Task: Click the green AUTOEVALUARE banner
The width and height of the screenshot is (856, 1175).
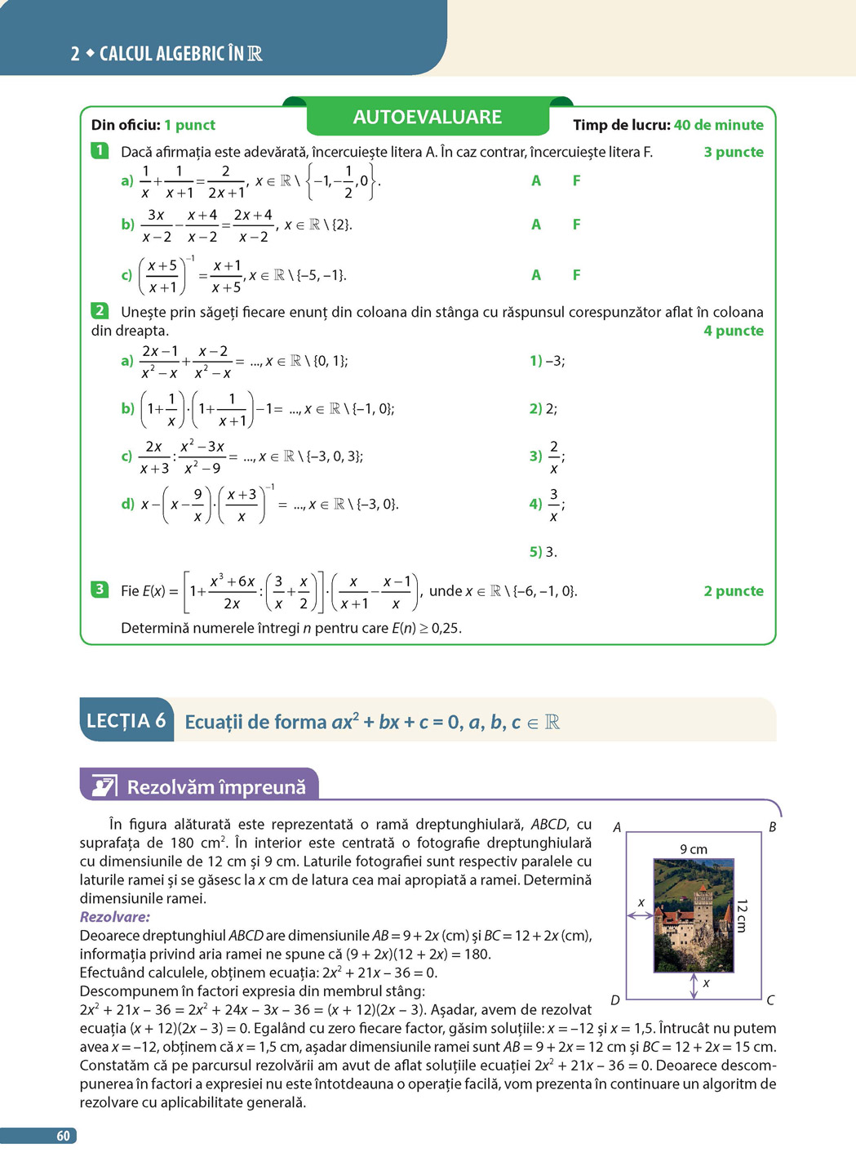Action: click(427, 118)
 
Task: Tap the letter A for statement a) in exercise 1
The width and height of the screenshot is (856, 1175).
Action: click(536, 180)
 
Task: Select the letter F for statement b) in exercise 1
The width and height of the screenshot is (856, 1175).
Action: click(576, 225)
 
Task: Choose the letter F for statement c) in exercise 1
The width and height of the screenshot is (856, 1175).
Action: click(576, 275)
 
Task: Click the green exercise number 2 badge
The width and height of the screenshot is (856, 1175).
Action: click(100, 311)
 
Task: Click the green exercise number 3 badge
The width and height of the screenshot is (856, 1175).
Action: click(100, 590)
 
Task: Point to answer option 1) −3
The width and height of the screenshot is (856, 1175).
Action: click(547, 361)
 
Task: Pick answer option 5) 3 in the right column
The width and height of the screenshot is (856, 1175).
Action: click(543, 552)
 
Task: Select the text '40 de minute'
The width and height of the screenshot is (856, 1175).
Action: click(718, 125)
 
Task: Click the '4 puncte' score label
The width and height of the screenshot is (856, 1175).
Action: click(734, 331)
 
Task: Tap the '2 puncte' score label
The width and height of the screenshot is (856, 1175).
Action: click(734, 591)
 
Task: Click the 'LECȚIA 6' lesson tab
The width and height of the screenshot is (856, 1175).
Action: click(126, 721)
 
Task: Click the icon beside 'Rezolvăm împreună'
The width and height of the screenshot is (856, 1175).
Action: click(104, 786)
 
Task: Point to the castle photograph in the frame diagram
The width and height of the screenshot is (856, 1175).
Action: click(694, 915)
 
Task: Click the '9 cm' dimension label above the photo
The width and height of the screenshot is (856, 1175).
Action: click(694, 849)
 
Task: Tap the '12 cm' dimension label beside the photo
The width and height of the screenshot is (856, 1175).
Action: click(742, 915)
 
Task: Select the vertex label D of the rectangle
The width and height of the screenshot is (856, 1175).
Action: click(615, 1000)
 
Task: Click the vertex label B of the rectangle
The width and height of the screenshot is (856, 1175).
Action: click(772, 827)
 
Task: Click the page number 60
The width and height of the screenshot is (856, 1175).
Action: click(63, 1136)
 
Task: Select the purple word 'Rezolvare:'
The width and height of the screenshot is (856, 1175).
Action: click(115, 917)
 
